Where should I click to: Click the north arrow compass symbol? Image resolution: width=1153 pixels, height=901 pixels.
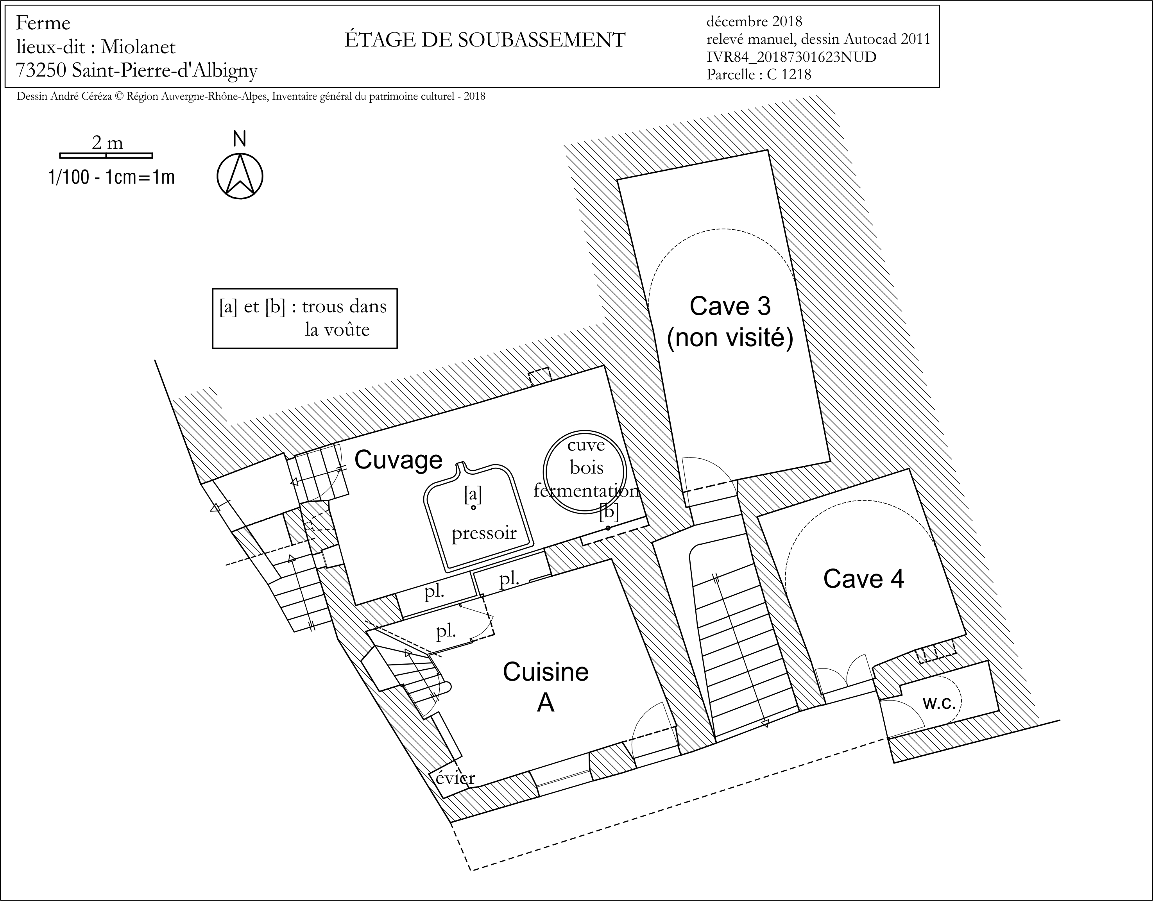[x=240, y=176]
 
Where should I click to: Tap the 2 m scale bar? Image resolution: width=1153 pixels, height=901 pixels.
[x=106, y=156]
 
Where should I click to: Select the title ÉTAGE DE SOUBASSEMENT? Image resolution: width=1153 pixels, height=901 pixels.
[x=485, y=40]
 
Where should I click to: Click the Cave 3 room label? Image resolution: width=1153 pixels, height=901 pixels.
[x=730, y=306]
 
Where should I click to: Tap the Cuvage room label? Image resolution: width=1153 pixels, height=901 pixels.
[x=398, y=460]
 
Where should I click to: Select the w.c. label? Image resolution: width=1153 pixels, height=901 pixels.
[x=940, y=703]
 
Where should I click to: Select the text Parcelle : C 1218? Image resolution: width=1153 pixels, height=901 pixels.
[x=759, y=74]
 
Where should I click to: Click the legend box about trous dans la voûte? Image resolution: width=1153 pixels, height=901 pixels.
[x=304, y=318]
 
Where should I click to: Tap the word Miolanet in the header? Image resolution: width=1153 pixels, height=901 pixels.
[x=138, y=47]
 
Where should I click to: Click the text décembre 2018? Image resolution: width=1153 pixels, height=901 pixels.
[x=754, y=21]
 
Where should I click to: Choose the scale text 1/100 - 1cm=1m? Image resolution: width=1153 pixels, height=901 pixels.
[x=111, y=177]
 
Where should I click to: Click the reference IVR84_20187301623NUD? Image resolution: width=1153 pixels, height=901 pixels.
[x=791, y=57]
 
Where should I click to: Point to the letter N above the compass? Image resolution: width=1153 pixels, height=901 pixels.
[x=240, y=139]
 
